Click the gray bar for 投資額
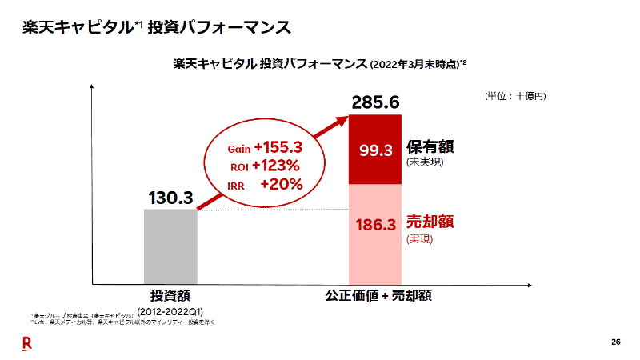(x=170, y=246)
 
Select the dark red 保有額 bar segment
(x=375, y=150)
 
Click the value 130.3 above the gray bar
(x=170, y=197)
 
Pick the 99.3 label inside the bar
(x=375, y=150)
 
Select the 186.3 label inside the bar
(x=375, y=226)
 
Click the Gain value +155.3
(x=277, y=147)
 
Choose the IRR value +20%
(x=281, y=184)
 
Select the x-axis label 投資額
(x=170, y=295)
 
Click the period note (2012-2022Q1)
(x=170, y=310)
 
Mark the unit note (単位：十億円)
(x=515, y=96)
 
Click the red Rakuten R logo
(x=26, y=342)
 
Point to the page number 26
(x=615, y=342)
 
